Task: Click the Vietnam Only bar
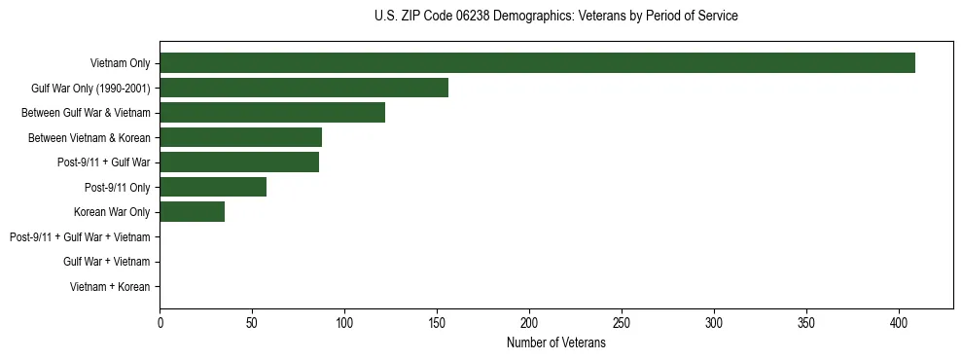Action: tap(537, 62)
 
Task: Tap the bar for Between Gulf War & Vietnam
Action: tap(272, 112)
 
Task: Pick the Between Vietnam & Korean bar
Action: tap(240, 137)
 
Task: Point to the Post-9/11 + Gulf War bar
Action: tap(239, 162)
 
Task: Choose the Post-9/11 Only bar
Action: tap(213, 187)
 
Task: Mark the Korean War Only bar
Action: tap(193, 212)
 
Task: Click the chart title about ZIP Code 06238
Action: tap(555, 17)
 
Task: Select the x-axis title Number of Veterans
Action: tap(556, 343)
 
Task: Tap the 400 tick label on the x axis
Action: tap(899, 323)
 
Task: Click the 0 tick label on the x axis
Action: tap(160, 323)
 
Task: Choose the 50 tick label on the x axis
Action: tap(252, 323)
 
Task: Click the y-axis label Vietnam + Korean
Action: tap(110, 287)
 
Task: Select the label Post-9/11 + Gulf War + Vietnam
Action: tap(80, 237)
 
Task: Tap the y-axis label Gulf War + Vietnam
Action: tap(106, 262)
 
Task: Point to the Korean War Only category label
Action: tap(112, 212)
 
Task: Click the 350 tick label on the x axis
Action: tap(806, 323)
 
